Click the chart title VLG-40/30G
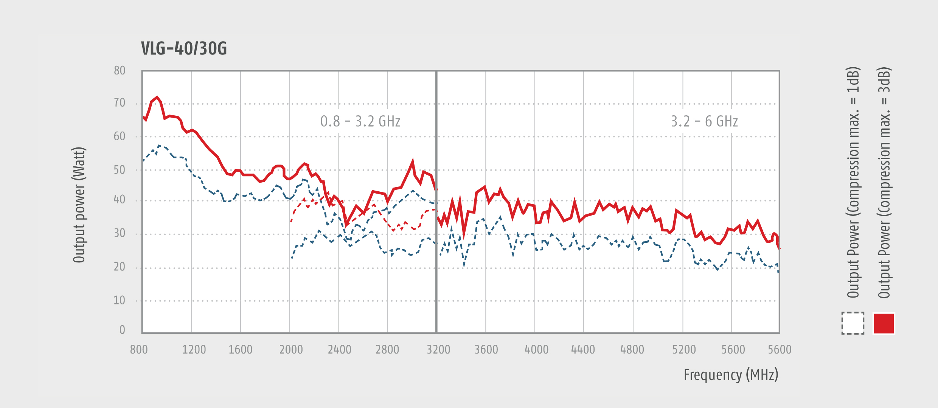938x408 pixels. [x=184, y=48]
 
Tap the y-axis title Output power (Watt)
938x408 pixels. [x=79, y=205]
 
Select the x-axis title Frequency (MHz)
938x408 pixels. [x=731, y=375]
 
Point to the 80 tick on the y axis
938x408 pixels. [x=120, y=70]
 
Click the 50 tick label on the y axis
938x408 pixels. [x=120, y=170]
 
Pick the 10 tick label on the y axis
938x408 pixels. [x=120, y=300]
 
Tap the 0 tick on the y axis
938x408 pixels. [x=122, y=330]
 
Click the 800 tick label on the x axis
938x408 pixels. [x=139, y=349]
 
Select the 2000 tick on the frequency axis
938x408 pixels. [x=291, y=349]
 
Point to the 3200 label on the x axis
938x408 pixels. [x=438, y=349]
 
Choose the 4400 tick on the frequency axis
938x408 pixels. [x=583, y=349]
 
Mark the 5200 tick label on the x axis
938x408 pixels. [x=684, y=349]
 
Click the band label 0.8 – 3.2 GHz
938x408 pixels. [x=360, y=121]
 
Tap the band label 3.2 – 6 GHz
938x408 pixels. [x=704, y=121]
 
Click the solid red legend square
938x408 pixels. [x=884, y=324]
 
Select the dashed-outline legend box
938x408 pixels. [x=853, y=324]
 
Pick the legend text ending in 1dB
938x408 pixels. [x=853, y=182]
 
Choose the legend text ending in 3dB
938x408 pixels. [x=884, y=182]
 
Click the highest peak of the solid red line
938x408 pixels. [x=157, y=97]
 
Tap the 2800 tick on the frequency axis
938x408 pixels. [x=387, y=349]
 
